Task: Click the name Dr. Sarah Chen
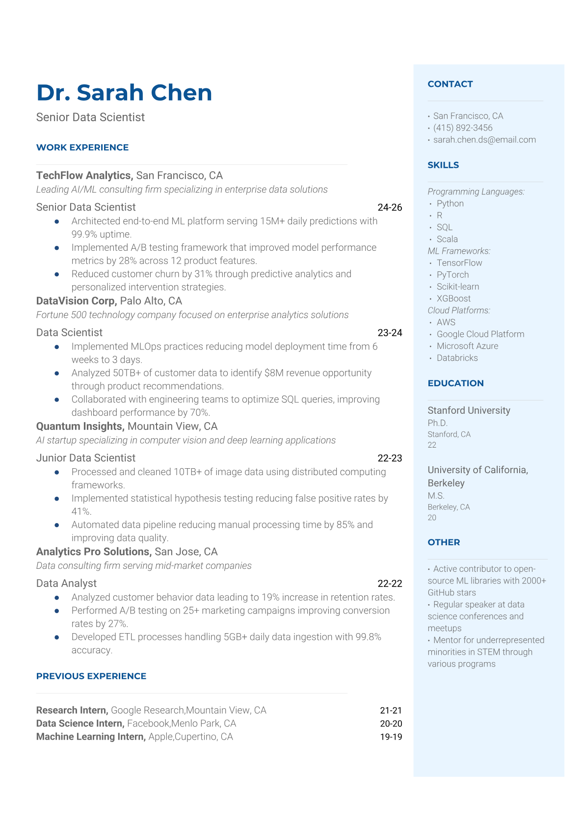coord(124,92)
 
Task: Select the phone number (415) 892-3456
coord(463,128)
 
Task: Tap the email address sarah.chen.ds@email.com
coord(484,139)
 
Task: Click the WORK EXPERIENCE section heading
coord(82,147)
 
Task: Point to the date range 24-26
coord(390,207)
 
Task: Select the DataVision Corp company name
coord(76,301)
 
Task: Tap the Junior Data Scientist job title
coord(86,458)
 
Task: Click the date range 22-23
coord(390,458)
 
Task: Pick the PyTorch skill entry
coord(452,275)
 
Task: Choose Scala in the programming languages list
coord(447,239)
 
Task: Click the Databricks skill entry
coord(457,358)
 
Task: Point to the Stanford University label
coord(469,410)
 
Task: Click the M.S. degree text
coord(436,496)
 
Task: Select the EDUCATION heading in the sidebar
coord(455,383)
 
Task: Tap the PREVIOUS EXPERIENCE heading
coord(91,676)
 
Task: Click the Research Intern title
coord(72,710)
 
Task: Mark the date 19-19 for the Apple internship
coord(391,737)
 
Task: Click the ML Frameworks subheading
coord(459,251)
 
